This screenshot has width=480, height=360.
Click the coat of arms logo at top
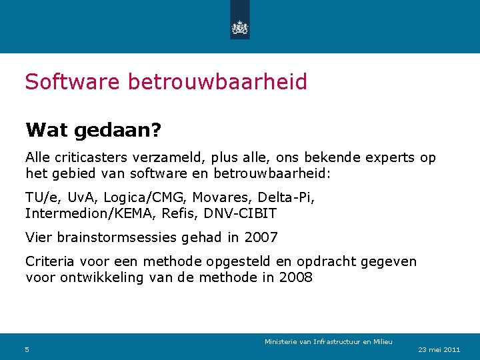click(x=239, y=27)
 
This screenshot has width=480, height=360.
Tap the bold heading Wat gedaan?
click(x=93, y=129)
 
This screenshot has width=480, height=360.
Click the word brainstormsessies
click(x=119, y=237)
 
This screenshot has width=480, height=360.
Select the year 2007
click(x=261, y=237)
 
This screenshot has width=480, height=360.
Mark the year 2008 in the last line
click(x=295, y=277)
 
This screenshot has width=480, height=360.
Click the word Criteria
click(x=49, y=261)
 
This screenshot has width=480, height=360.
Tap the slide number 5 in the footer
click(x=27, y=349)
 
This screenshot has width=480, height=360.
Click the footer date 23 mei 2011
click(x=439, y=349)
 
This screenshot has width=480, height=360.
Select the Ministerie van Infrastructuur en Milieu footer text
click(x=328, y=342)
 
